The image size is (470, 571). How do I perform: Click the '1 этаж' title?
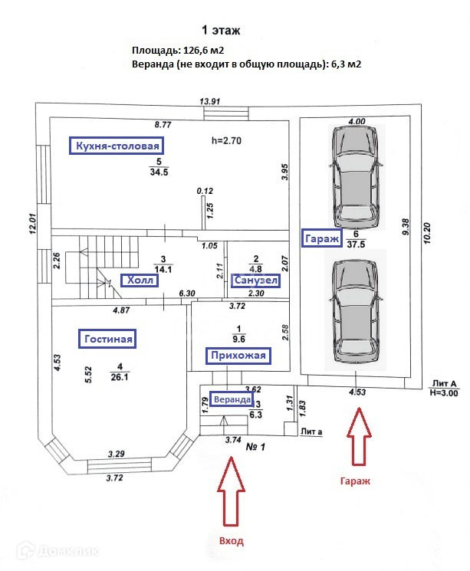click(221, 31)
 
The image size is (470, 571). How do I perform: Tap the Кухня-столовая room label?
click(117, 146)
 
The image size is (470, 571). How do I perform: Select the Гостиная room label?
click(107, 338)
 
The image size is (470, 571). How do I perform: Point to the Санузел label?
click(255, 281)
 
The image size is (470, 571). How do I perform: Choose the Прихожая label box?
click(239, 355)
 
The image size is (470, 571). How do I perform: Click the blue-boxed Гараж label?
click(320, 238)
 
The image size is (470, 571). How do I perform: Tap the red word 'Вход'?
click(231, 541)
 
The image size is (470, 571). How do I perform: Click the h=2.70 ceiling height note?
click(227, 140)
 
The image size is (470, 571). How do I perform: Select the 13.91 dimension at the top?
click(210, 101)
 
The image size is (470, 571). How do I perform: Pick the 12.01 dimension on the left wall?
click(32, 228)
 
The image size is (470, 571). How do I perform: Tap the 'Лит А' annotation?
click(445, 382)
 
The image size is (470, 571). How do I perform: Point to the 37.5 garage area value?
click(355, 244)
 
